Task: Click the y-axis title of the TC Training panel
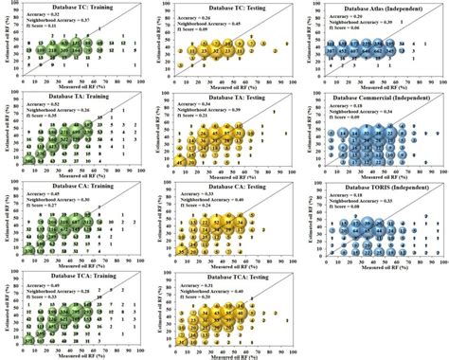click(x=6, y=47)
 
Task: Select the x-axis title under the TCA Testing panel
click(x=234, y=354)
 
